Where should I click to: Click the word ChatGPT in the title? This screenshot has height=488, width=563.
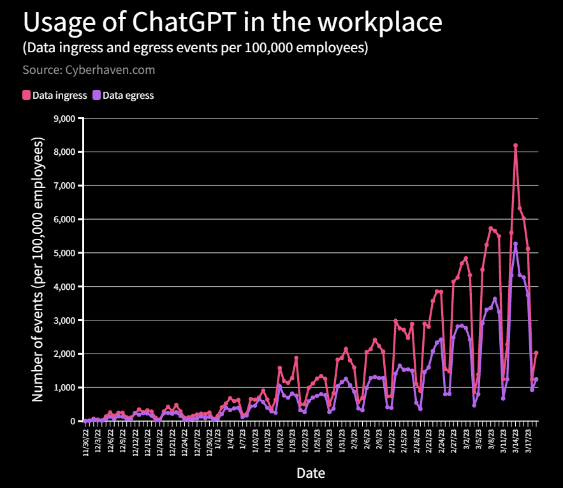184,22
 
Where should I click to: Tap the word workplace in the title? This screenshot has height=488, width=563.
380,22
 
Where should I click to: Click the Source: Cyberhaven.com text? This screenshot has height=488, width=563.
89,69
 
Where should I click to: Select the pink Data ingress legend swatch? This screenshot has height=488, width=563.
26,95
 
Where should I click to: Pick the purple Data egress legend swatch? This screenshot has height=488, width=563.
96,95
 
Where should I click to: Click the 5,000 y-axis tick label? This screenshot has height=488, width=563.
64,253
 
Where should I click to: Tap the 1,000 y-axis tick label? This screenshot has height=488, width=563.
64,387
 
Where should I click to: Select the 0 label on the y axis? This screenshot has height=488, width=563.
73,421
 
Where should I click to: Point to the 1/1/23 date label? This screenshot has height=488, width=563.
218,439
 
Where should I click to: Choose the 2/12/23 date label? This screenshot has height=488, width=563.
391,441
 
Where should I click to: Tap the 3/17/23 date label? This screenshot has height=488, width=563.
528,441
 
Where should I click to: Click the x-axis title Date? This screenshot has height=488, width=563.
311,473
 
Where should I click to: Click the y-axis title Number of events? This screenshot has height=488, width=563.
38,269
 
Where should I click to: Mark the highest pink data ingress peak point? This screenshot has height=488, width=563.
516,145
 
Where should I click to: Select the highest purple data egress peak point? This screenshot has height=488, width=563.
516,244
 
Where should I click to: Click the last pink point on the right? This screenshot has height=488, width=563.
536,353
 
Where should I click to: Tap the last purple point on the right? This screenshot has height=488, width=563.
536,379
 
